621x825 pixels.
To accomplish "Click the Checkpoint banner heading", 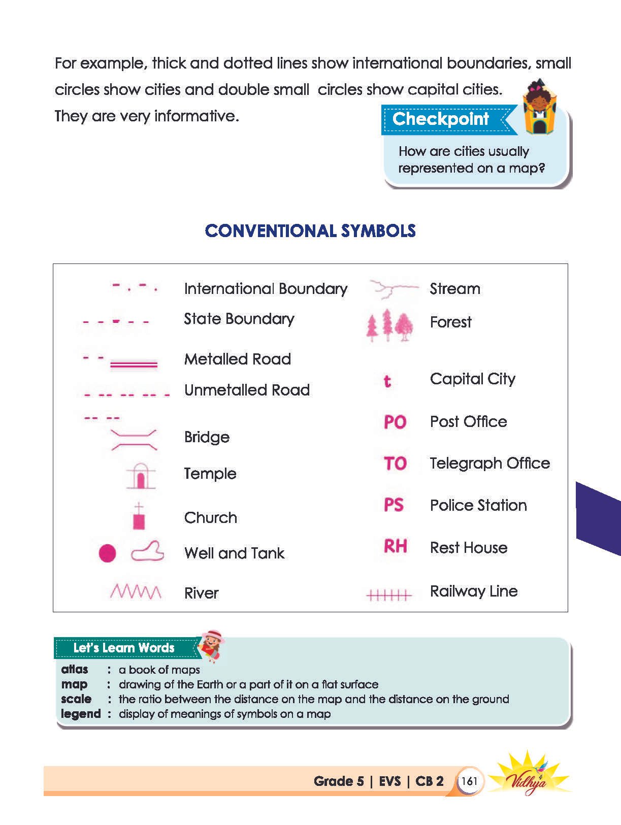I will [x=441, y=119].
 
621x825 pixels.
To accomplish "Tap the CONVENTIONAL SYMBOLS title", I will [x=310, y=231].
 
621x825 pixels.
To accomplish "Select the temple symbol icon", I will [x=140, y=476].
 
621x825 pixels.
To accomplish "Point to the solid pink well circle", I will [x=107, y=553].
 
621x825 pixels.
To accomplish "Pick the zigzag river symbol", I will [x=136, y=591].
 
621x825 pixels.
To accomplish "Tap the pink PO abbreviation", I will [x=395, y=422].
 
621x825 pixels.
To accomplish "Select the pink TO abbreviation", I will [x=395, y=464].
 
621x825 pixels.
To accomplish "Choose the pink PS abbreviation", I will [x=394, y=505].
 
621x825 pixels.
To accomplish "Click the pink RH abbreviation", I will [x=395, y=547].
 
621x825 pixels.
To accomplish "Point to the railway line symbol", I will [x=389, y=595].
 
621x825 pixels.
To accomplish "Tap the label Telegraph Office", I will [x=489, y=464].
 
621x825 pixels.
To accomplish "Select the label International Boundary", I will [x=266, y=289].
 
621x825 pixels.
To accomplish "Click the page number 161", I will [x=469, y=781].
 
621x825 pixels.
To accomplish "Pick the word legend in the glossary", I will [x=81, y=714].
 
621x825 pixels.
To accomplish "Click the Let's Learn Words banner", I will [x=124, y=648].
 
